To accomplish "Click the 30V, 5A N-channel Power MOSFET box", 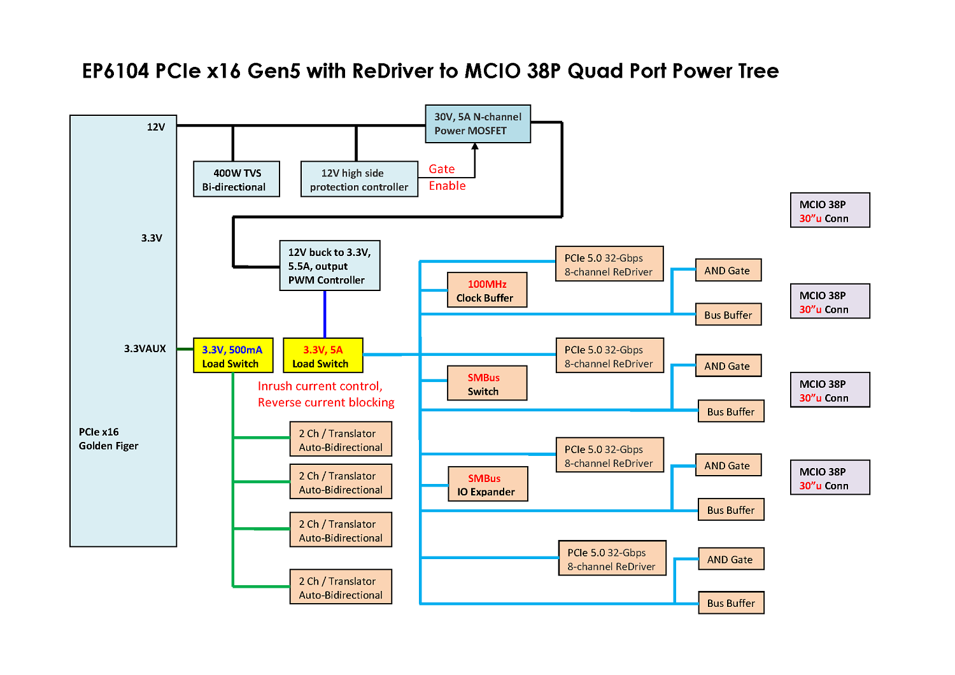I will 478,124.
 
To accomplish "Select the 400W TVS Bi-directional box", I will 236,179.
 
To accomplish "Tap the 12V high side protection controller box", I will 359,179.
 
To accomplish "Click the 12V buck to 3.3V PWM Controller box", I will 330,266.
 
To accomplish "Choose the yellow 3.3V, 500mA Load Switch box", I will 233,355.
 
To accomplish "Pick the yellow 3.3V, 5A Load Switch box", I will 323,355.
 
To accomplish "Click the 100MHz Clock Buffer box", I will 487,290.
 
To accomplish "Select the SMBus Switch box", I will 487,383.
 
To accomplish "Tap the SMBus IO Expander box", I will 488,485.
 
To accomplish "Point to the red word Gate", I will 442,169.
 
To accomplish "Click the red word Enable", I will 447,185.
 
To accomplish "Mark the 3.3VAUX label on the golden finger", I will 145,348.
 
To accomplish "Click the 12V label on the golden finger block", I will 156,127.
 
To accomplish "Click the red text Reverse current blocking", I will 326,402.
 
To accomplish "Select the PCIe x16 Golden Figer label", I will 108,439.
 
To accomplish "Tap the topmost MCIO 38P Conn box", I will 830,210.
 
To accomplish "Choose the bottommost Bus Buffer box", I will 731,603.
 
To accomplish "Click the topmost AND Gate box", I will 728,271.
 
